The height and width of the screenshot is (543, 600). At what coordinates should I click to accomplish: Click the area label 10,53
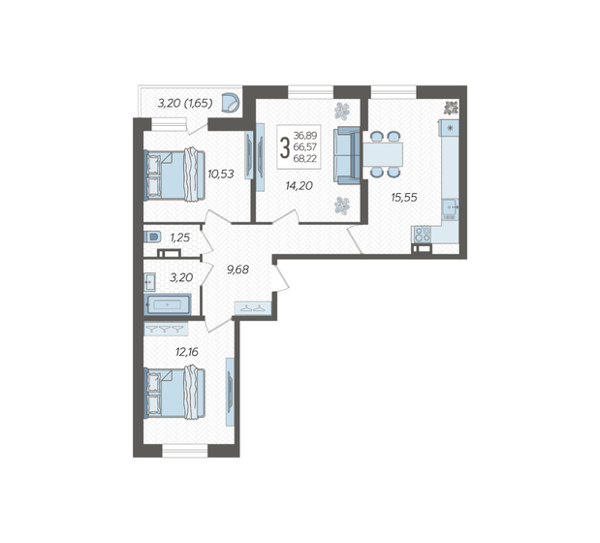[221, 175]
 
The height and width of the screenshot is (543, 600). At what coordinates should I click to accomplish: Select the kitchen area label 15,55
[405, 197]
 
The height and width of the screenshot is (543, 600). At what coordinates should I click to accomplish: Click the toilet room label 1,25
[180, 237]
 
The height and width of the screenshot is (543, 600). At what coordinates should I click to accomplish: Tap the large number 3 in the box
[284, 148]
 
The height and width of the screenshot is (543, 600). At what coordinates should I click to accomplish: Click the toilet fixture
[152, 237]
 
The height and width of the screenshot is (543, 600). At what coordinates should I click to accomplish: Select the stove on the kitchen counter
[421, 234]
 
